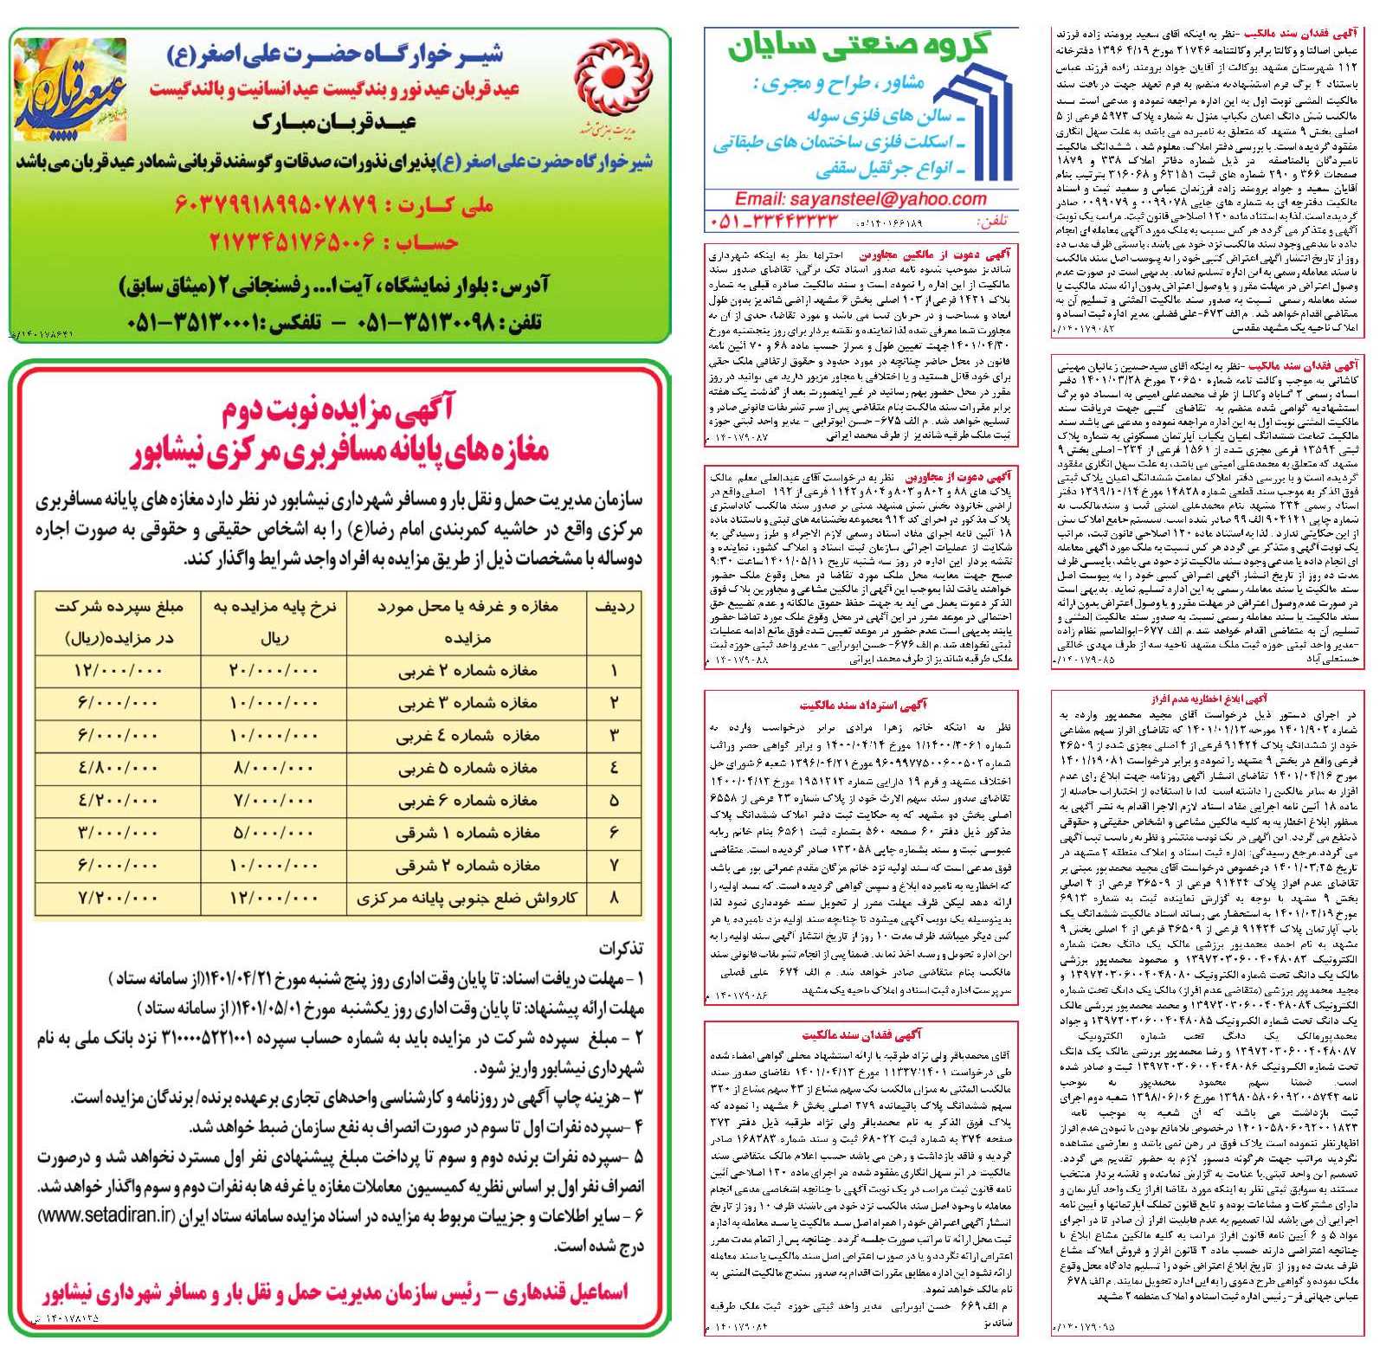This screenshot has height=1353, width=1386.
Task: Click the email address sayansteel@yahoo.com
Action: point(861,199)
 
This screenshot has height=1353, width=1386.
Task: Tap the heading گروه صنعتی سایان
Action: point(858,48)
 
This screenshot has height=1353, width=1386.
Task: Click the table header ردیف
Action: point(615,607)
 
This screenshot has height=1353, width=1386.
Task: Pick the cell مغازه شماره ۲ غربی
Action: point(468,671)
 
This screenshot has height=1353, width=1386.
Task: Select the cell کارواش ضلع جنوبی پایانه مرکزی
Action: point(467,899)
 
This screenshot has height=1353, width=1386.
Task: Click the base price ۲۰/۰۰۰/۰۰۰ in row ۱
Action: point(274,671)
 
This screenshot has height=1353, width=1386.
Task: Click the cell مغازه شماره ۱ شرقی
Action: point(468,833)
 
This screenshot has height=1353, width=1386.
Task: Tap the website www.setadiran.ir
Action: point(107,1216)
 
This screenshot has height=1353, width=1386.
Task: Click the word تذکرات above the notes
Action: point(621,950)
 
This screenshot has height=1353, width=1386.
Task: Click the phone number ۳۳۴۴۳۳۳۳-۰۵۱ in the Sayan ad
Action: point(776,222)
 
